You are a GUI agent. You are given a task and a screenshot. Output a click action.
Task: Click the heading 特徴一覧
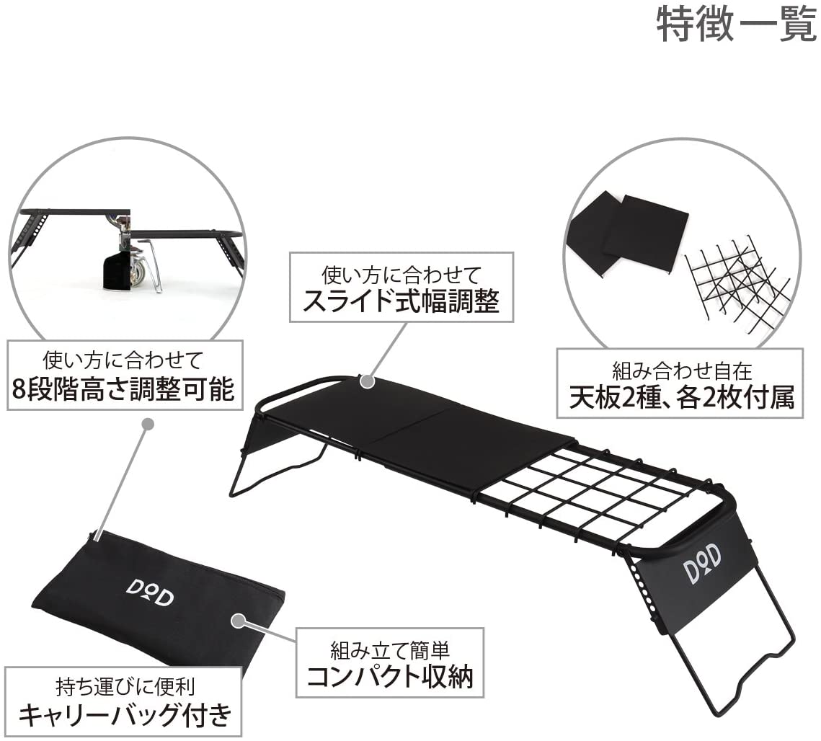(x=736, y=24)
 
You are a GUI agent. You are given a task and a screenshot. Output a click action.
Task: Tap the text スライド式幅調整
(x=401, y=301)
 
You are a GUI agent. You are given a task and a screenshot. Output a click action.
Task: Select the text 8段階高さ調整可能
(x=123, y=389)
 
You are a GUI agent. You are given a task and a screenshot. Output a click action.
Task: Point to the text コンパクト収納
(x=389, y=676)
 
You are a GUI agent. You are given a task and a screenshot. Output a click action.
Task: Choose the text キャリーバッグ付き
(x=125, y=714)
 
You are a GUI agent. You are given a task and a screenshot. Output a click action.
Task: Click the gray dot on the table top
(x=368, y=381)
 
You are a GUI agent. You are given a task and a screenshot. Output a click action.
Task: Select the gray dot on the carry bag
(x=239, y=621)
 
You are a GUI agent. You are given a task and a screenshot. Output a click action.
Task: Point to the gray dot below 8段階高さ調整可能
(x=148, y=424)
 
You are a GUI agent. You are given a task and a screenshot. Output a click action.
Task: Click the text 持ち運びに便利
(x=125, y=686)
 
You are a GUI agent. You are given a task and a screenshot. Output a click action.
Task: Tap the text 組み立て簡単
(x=389, y=650)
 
